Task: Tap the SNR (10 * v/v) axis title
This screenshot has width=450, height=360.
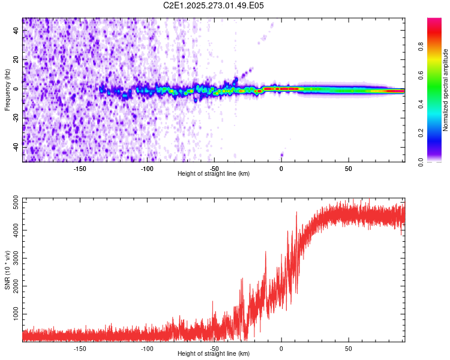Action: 7,269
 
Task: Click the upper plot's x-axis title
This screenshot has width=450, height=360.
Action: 214,173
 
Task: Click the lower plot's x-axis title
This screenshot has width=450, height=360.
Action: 214,353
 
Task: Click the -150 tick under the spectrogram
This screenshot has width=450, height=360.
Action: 80,168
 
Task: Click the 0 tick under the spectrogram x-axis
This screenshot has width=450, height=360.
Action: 281,168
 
